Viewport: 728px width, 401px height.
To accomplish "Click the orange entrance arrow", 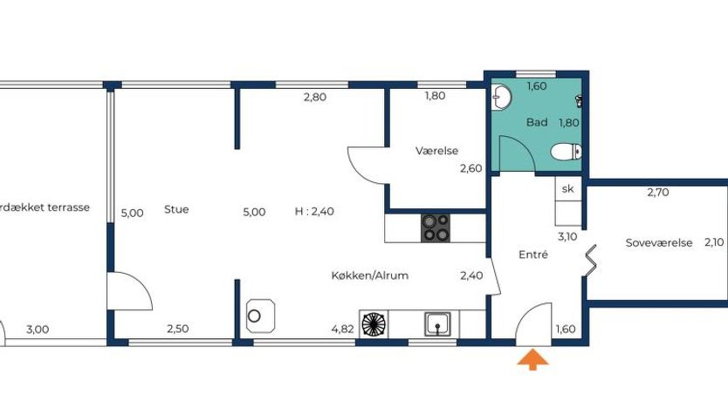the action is [x=532, y=360].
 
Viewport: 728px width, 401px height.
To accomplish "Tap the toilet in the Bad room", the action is [x=567, y=152].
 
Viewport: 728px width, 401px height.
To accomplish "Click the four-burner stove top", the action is [x=436, y=228].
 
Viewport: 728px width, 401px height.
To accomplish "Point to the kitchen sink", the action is [x=437, y=324].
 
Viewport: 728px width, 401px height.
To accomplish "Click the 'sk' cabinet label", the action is [x=567, y=188].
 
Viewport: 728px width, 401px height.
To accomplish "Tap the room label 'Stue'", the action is [x=176, y=209].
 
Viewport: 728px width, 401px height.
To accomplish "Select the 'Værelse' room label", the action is [x=437, y=151].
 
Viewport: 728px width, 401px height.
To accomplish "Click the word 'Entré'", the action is [x=533, y=254].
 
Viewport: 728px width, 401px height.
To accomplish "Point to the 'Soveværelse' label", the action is [x=659, y=242].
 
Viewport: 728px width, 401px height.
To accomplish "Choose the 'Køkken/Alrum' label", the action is [x=369, y=275].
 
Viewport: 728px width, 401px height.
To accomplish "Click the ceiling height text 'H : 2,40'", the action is [x=314, y=211].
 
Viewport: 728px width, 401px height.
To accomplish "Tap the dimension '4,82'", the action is [x=343, y=330].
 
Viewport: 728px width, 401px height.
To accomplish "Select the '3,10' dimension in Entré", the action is [x=567, y=236].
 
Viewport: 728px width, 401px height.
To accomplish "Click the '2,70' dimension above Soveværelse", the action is [x=658, y=192].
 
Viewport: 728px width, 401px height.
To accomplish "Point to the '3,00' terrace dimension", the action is [x=38, y=330].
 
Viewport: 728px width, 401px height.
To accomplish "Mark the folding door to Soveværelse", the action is [x=589, y=261].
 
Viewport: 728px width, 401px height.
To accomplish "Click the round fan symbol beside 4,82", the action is [x=374, y=323].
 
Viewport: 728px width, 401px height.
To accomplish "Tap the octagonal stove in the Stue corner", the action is [x=260, y=316].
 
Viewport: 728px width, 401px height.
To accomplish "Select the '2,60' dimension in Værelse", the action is [x=470, y=168].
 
